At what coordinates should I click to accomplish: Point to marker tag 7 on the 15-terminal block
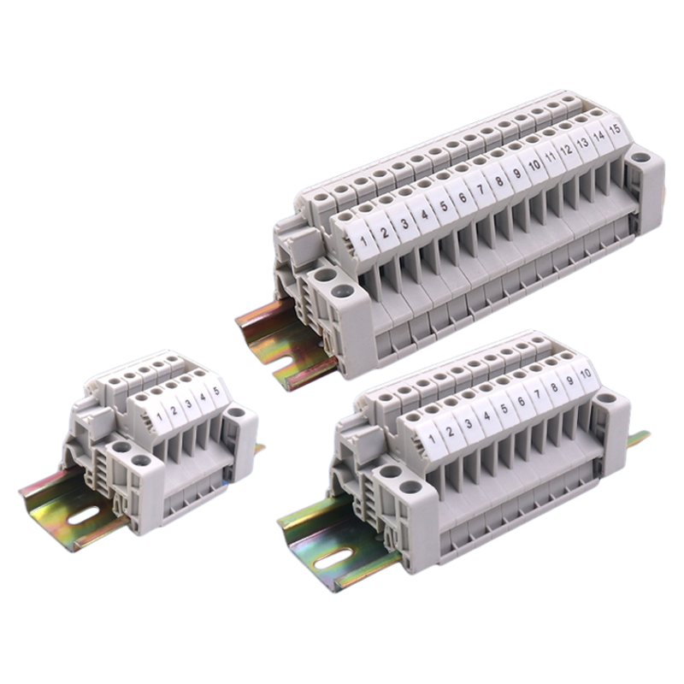point(481,189)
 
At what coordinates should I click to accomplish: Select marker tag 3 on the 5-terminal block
point(188,404)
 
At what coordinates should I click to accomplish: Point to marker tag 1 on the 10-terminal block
point(433,437)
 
